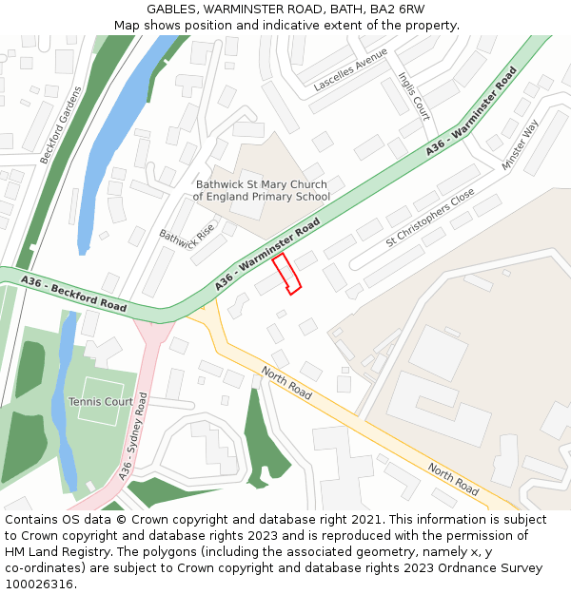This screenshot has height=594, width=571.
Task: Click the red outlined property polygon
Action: click(286, 274)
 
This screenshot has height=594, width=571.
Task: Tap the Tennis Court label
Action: click(101, 402)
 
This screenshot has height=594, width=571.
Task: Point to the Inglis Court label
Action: click(415, 96)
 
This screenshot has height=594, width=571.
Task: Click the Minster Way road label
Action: click(521, 144)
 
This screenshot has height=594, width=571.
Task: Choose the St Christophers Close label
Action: click(430, 218)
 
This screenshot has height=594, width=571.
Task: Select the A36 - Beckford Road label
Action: click(73, 294)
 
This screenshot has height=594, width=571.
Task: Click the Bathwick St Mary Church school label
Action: click(261, 190)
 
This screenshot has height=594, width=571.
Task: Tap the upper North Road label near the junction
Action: click(286, 382)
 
